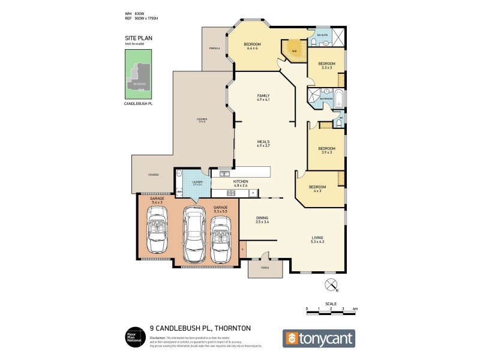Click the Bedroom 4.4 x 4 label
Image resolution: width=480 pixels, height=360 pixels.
pos(251,46)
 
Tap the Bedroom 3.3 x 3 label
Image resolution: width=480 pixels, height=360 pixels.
pos(326,65)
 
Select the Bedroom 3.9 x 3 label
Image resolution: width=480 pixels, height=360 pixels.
pos(326,150)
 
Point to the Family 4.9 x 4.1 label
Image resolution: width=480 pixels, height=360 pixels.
pos(263,98)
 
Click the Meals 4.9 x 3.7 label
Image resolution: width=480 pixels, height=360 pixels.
pos(263,143)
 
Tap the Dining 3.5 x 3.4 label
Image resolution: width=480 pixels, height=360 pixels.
pos(263,220)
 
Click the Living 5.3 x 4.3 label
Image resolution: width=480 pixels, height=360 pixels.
pos(317,239)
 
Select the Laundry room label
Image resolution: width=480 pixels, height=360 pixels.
pos(197,183)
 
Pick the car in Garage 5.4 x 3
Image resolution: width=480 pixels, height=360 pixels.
pos(158,234)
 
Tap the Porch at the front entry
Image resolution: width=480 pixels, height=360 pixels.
pos(265,269)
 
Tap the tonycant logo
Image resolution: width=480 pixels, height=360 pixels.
pos(319,338)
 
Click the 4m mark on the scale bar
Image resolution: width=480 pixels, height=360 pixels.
pos(355,308)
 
